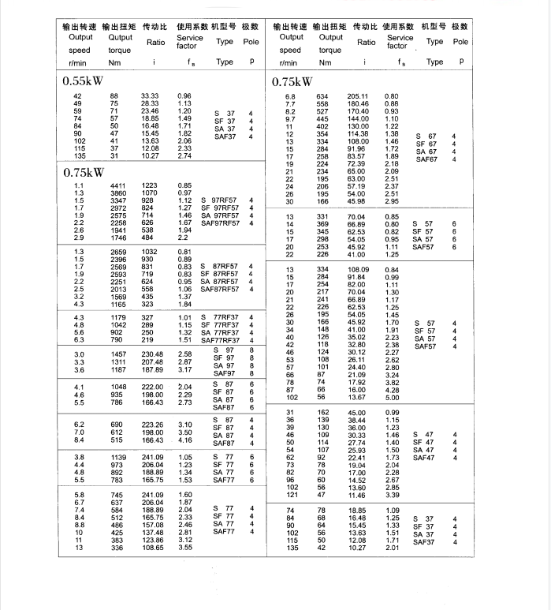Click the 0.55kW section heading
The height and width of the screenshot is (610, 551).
tap(87, 80)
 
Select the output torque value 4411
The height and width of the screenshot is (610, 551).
tap(116, 185)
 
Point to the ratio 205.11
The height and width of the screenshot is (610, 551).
tap(358, 96)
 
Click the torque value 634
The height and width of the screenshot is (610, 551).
tap(322, 96)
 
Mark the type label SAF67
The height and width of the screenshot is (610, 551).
tap(426, 159)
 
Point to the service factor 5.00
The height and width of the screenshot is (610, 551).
tap(392, 398)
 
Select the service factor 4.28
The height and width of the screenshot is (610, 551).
tap(392, 390)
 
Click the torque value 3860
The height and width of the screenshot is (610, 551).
tap(116, 193)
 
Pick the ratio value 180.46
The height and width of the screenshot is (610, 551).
tap(358, 104)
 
